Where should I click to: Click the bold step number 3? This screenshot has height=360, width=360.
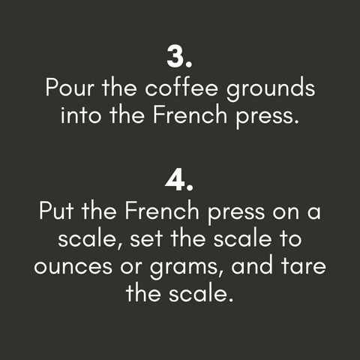(179, 57)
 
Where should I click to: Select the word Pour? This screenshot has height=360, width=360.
(70, 88)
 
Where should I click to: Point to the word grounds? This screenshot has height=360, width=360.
(271, 88)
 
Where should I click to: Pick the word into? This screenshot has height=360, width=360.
(81, 114)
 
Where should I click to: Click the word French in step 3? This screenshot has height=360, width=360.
(190, 114)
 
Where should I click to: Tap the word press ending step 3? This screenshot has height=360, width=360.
(267, 116)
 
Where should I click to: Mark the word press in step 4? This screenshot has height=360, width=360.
(236, 213)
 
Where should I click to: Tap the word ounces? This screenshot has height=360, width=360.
(73, 266)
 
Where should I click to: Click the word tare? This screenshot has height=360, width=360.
(304, 265)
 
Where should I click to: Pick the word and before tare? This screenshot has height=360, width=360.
(252, 265)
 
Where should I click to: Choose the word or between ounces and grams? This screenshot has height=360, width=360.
(131, 266)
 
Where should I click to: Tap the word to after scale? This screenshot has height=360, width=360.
(290, 238)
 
